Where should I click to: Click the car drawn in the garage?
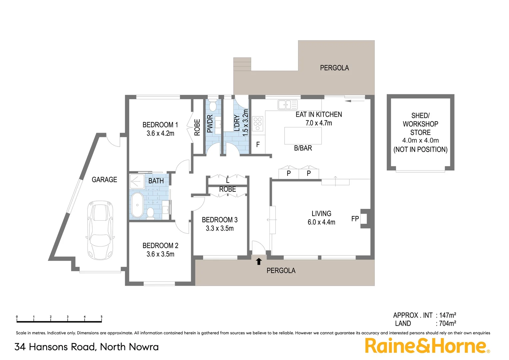[x=100, y=230]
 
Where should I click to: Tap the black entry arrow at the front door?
[x=259, y=261]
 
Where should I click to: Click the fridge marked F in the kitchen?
[x=258, y=145]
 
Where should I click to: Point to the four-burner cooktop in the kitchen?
[x=257, y=124]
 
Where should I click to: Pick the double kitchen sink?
[x=287, y=105]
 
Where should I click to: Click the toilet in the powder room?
[x=213, y=106]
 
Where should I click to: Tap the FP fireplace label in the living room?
[x=355, y=219]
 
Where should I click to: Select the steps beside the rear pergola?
[x=242, y=64]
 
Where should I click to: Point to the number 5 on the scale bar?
[x=101, y=317]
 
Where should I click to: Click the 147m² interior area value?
[x=447, y=315]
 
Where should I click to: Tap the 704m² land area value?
[x=447, y=323]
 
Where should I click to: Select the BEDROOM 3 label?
[x=220, y=220]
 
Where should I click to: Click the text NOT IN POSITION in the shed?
[x=420, y=150]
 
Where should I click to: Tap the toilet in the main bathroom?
[x=150, y=213]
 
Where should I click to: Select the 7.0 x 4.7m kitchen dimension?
[x=319, y=123]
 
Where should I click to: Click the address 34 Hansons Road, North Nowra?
[x=87, y=347]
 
